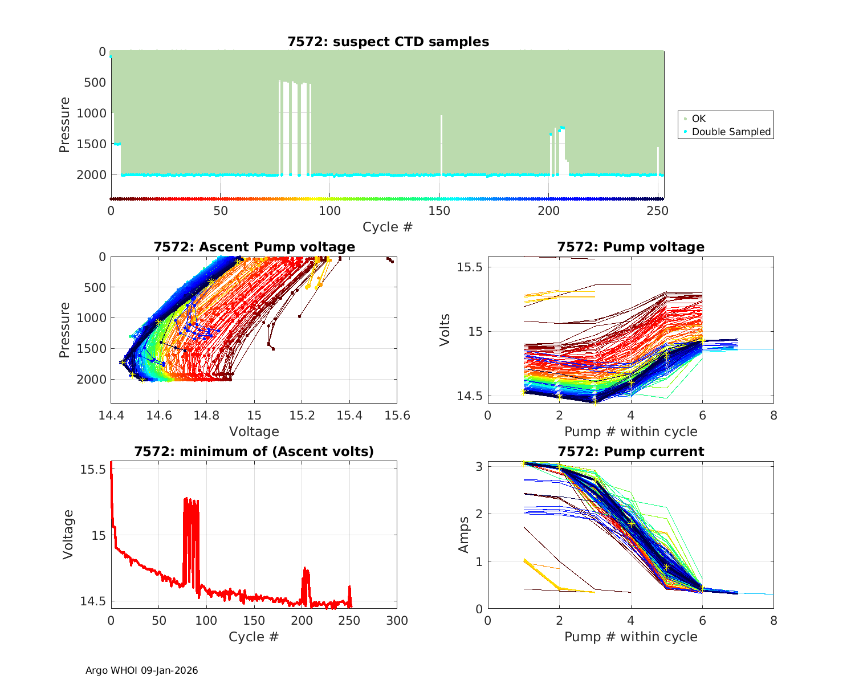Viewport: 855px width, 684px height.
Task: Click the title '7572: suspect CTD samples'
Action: (x=388, y=42)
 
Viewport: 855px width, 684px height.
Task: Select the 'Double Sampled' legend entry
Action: (x=731, y=132)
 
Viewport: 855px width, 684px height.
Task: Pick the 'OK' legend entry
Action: (x=698, y=119)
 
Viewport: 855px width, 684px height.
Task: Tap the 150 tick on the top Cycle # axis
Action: (x=439, y=211)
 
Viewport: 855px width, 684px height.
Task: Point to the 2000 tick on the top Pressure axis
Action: (x=91, y=174)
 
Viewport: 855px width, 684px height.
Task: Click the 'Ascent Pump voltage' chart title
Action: (x=254, y=247)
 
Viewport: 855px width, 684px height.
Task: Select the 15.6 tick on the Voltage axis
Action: (x=397, y=416)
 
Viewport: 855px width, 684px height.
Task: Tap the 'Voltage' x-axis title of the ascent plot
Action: (x=254, y=431)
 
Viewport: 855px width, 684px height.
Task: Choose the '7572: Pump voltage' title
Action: (x=630, y=247)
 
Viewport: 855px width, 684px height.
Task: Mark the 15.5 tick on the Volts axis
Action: (x=471, y=267)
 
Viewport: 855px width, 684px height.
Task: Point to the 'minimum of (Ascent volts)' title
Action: (x=254, y=451)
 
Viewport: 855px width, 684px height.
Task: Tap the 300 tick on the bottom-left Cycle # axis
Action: (x=397, y=620)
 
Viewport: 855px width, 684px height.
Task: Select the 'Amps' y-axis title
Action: (x=465, y=534)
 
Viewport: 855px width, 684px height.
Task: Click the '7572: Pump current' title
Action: (x=630, y=451)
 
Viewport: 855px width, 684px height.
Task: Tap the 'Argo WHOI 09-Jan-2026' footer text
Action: (x=141, y=670)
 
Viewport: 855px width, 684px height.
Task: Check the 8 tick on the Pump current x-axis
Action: (x=773, y=620)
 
